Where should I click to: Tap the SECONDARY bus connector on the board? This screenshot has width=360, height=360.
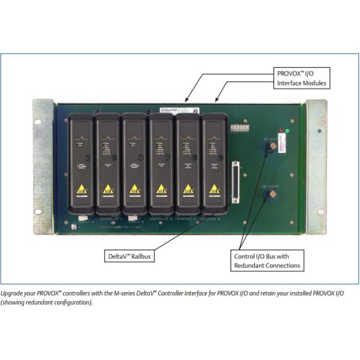[x=270, y=195]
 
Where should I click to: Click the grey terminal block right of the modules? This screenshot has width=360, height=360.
[x=241, y=128]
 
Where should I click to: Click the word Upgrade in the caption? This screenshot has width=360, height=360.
[x=13, y=294]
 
